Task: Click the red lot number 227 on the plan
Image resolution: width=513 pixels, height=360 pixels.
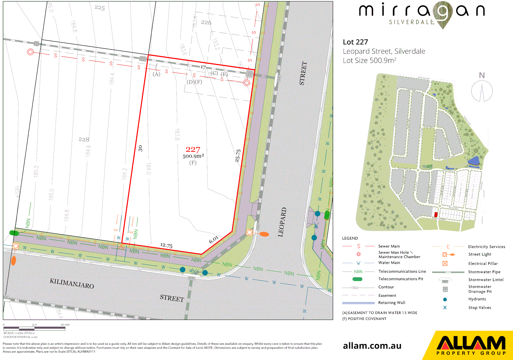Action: [x=193, y=150]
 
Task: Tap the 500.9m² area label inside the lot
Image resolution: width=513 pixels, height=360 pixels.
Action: [x=193, y=156]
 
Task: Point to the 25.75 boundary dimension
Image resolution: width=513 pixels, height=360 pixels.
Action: [x=238, y=156]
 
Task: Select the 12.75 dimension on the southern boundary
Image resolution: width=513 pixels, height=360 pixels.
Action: [x=166, y=246]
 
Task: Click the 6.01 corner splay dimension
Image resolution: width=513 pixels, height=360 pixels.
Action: [x=214, y=240]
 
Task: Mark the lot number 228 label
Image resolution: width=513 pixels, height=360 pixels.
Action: [x=84, y=139]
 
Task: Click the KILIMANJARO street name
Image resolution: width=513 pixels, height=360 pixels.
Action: [x=72, y=284]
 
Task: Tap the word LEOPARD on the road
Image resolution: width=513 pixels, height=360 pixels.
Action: [x=282, y=222]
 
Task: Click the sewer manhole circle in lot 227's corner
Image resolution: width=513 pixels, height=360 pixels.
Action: [x=247, y=83]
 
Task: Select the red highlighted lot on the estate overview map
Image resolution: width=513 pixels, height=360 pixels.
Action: [x=436, y=214]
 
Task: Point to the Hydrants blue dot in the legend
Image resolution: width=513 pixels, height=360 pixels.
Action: [x=445, y=299]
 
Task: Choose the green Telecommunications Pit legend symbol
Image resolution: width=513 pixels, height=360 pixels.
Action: [x=357, y=279]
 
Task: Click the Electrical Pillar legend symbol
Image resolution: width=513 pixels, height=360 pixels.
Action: [x=445, y=263]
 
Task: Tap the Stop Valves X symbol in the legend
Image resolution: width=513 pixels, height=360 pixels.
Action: [x=445, y=308]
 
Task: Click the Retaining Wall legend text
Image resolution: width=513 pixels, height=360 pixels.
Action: [x=392, y=303]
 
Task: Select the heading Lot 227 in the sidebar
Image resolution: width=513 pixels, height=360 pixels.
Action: [x=355, y=42]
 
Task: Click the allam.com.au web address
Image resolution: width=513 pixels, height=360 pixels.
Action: [x=372, y=346]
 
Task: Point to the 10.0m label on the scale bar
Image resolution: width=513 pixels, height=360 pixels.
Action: [x=65, y=324]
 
